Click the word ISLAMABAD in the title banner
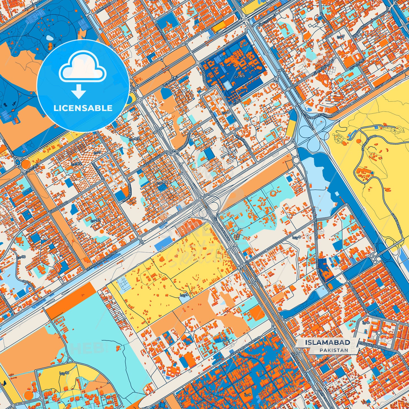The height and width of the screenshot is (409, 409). click(x=327, y=342)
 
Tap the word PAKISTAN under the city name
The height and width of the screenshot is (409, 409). click(x=334, y=350)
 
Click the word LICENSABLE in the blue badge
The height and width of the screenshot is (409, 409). click(x=83, y=108)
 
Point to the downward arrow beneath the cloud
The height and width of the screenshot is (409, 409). click(x=79, y=91)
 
